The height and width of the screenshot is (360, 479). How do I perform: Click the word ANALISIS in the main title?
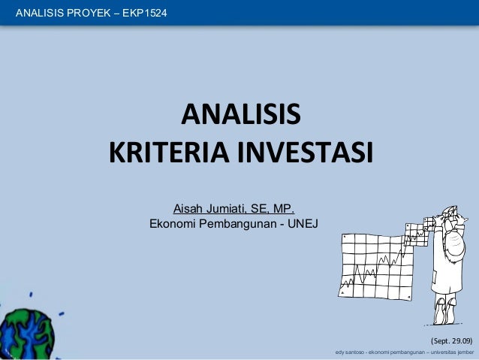pyautogui.click(x=240, y=116)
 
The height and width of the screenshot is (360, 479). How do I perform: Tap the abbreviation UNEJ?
pyautogui.click(x=303, y=223)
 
